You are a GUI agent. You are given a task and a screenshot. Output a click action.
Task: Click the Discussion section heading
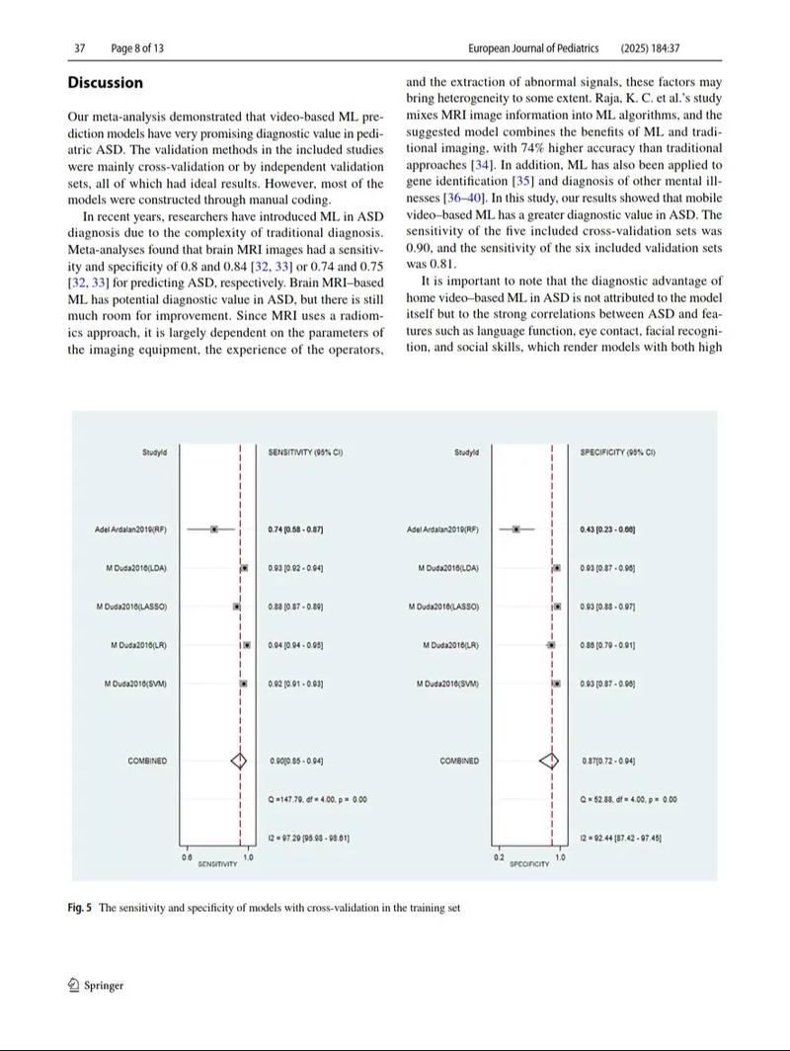coord(106,83)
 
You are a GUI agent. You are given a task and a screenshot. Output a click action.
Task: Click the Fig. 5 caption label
coord(80,907)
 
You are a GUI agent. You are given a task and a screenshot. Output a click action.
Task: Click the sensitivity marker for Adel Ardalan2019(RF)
coord(213,529)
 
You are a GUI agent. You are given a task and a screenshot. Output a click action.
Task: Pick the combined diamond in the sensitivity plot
coord(238,761)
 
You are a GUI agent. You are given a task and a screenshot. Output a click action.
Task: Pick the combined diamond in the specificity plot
coord(549,761)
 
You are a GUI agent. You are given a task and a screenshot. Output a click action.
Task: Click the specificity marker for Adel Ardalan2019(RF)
coord(515,529)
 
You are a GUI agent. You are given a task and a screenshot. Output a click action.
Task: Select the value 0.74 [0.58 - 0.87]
coord(295,530)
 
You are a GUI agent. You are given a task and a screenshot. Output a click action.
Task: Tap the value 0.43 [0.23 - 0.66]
coord(607,530)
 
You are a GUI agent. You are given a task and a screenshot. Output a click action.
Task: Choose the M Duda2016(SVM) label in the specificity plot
coord(447,684)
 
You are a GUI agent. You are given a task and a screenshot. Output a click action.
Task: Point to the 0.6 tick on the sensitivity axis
coord(187,857)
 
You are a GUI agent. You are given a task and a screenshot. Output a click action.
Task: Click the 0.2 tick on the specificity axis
coord(499,857)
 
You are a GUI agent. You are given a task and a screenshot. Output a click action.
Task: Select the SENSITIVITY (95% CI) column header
coord(305,452)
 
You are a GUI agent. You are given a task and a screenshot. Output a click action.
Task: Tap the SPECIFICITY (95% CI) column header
coord(617,452)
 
